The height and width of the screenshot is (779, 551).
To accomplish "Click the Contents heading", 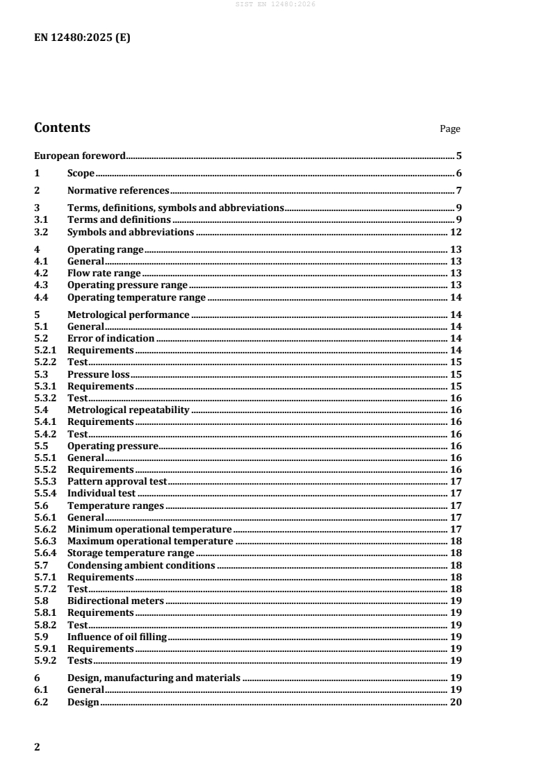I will [x=62, y=128].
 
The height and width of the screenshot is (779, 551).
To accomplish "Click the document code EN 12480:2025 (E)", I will [x=82, y=38].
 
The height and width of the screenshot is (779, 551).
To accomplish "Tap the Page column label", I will [x=450, y=129].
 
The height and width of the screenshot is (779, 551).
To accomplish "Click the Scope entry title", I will [x=81, y=174].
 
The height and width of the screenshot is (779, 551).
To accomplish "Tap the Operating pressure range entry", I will [x=127, y=285].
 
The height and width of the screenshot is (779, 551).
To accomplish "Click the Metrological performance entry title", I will [x=128, y=315].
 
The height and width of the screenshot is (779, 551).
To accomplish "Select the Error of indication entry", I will [x=110, y=338].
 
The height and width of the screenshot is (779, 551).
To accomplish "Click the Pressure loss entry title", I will [x=98, y=374].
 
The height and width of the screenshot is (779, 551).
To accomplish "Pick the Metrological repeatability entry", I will [x=128, y=410].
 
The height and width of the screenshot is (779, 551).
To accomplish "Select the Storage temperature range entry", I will [x=131, y=553].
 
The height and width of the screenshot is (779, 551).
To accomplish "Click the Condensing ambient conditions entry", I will [x=141, y=565].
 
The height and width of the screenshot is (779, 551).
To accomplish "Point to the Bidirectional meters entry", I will [x=115, y=601].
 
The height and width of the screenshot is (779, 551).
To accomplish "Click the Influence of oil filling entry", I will [x=117, y=637].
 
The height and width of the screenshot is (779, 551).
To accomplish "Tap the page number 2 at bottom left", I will [x=38, y=747].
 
